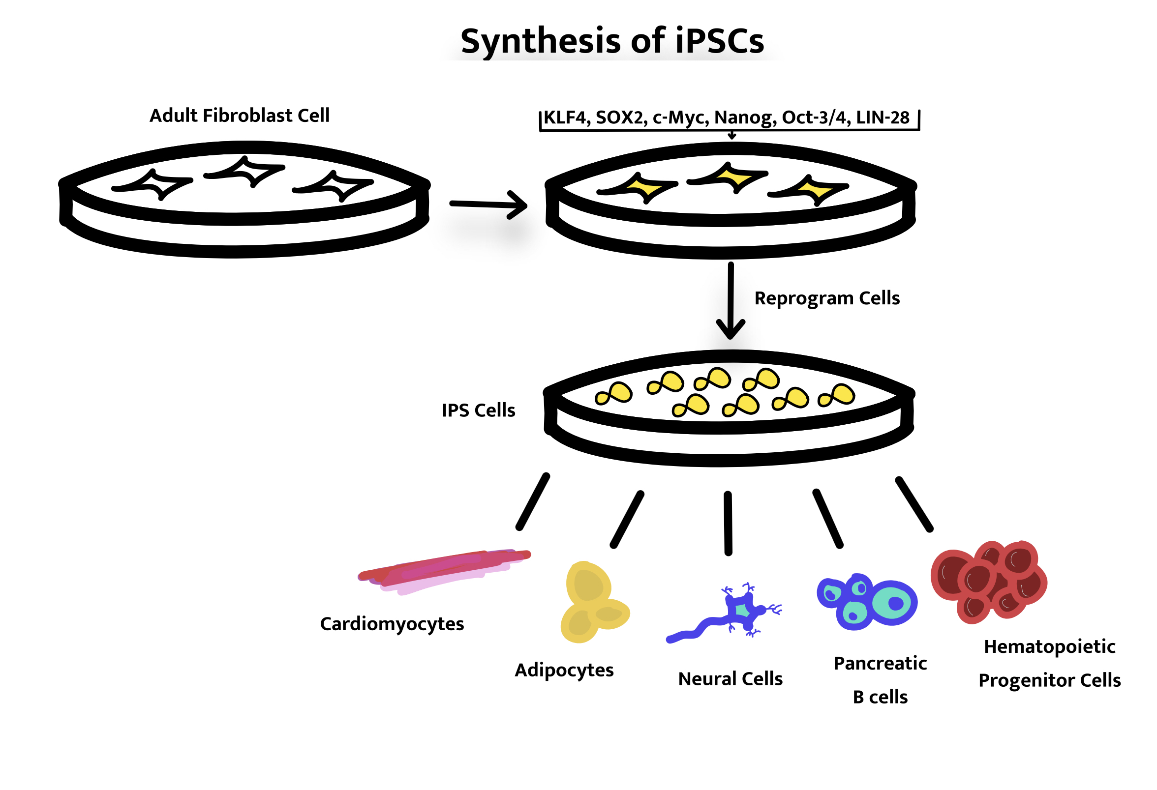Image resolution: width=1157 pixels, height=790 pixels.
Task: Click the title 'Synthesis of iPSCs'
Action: pos(612,41)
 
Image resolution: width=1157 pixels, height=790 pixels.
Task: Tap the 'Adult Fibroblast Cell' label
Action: pos(240,116)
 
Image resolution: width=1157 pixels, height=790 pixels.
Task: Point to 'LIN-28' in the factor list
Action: pos(882,118)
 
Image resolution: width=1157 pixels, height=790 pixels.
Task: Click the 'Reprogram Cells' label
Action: pos(827,298)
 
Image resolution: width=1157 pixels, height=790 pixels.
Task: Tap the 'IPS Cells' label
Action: pos(479,410)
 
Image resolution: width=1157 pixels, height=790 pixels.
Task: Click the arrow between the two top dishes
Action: pos(487,205)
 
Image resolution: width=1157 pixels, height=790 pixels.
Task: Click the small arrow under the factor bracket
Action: pos(732,135)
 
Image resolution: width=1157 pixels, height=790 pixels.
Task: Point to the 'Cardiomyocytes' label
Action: pos(392,624)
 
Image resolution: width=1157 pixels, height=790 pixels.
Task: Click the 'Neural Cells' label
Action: pos(730,679)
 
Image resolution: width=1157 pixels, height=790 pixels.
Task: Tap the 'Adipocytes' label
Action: pos(564,670)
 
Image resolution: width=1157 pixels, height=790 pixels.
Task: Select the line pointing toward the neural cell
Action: pos(729,523)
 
